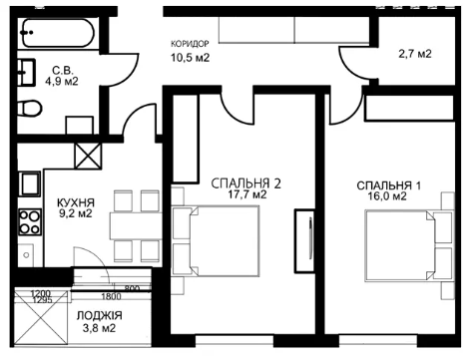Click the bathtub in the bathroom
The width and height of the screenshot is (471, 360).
pyautogui.click(x=58, y=33)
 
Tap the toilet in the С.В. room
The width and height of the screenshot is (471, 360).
pyautogui.click(x=30, y=109)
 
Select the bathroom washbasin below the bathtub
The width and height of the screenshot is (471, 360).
pyautogui.click(x=26, y=73)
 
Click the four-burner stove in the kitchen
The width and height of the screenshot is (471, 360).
pyautogui.click(x=30, y=221)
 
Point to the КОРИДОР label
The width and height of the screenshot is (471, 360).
pyautogui.click(x=190, y=44)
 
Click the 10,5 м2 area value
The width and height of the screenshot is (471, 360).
pyautogui.click(x=190, y=58)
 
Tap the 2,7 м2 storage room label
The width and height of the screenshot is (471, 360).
pyautogui.click(x=415, y=54)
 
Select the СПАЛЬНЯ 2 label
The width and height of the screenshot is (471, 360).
pyautogui.click(x=246, y=183)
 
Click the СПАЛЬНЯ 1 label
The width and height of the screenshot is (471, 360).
pyautogui.click(x=388, y=185)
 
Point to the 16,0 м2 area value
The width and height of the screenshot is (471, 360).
pyautogui.click(x=387, y=196)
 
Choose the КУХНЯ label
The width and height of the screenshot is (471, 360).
pyautogui.click(x=76, y=202)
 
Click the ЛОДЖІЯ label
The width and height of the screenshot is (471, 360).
pyautogui.click(x=100, y=315)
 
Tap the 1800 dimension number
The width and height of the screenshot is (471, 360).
pyautogui.click(x=111, y=296)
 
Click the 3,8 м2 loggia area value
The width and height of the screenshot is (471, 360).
pyautogui.click(x=100, y=328)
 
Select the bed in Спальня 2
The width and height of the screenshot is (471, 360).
pyautogui.click(x=216, y=241)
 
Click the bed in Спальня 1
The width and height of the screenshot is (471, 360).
pyautogui.click(x=410, y=245)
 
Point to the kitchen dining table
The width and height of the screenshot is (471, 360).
pyautogui.click(x=136, y=225)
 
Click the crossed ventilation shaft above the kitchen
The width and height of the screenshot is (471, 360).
pyautogui.click(x=88, y=156)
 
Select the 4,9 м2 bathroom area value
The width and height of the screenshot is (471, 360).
pyautogui.click(x=62, y=81)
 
